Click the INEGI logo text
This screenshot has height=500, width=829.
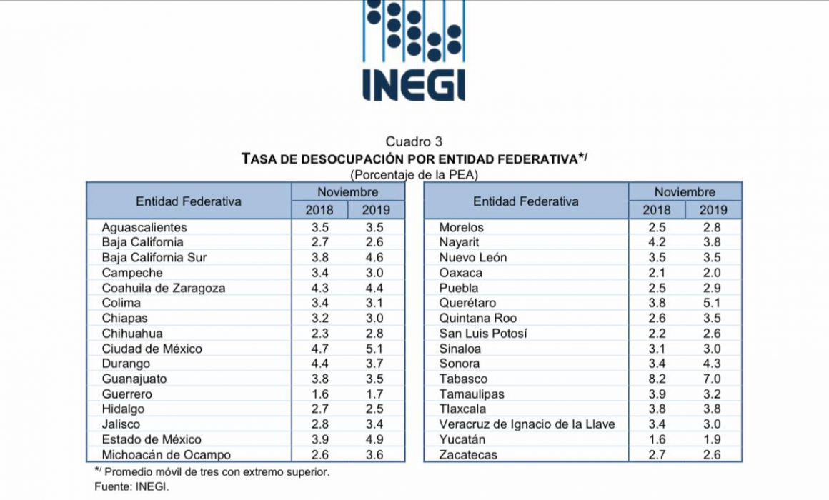(x=414, y=84)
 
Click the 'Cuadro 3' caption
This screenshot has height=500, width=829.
(x=414, y=141)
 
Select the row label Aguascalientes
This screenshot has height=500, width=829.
(x=144, y=228)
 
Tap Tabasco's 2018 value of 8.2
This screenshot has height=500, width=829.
(x=656, y=379)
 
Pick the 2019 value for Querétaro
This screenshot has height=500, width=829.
(x=713, y=303)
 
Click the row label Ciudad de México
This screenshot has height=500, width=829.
(x=152, y=349)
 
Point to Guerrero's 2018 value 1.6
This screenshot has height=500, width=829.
(x=319, y=394)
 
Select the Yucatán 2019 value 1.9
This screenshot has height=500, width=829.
(x=713, y=440)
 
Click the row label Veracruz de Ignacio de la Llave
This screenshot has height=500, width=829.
(x=527, y=424)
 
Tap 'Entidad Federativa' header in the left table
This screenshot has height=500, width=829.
(x=188, y=201)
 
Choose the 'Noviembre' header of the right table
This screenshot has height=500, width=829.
(x=685, y=192)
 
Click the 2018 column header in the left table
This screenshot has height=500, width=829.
(x=319, y=210)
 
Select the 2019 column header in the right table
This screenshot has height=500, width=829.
(x=713, y=210)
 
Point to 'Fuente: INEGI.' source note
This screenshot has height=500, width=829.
(x=131, y=487)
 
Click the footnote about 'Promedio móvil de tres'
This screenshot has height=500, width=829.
(x=212, y=471)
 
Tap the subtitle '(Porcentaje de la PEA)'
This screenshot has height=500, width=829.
(x=414, y=174)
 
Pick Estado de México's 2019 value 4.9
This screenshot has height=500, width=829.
(x=375, y=440)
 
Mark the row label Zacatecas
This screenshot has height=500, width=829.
(x=468, y=455)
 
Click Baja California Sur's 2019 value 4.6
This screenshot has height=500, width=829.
(x=375, y=258)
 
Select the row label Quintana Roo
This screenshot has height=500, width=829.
(x=478, y=318)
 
